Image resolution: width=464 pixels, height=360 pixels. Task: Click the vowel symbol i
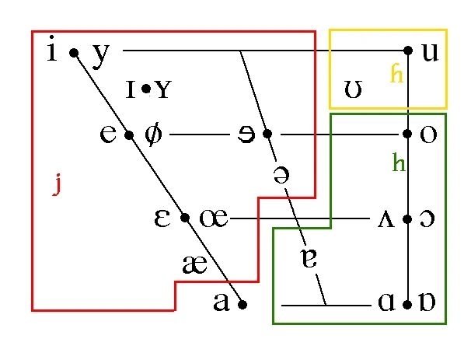point(52,48)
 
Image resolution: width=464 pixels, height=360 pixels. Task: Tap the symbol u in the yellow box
point(430,52)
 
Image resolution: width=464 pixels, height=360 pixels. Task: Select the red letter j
point(57,184)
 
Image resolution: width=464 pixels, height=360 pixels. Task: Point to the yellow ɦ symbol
point(396,73)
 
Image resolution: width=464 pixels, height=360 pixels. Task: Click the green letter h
point(399,162)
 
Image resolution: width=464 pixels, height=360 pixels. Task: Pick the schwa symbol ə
point(281,175)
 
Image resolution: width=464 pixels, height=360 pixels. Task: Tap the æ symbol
point(195,264)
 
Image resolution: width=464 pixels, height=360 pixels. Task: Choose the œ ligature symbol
point(214,218)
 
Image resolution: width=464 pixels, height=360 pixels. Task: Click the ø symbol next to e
point(154,134)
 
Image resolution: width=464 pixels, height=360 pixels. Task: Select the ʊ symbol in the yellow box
point(353,89)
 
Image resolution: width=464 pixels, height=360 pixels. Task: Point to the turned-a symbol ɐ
point(309,258)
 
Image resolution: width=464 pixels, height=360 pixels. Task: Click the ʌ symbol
point(386,219)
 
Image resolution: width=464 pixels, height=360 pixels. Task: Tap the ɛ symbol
point(162,218)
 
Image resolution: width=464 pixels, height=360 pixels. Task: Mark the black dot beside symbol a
point(242,304)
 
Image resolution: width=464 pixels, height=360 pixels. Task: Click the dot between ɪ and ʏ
point(146,89)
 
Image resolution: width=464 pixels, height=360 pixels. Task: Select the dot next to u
point(408,51)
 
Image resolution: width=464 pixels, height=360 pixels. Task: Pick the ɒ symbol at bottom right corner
point(427,302)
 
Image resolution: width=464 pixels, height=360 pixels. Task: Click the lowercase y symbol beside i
point(101,56)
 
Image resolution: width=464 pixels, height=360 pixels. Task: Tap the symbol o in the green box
point(428,135)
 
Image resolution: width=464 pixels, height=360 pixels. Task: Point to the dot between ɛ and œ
point(185,218)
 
